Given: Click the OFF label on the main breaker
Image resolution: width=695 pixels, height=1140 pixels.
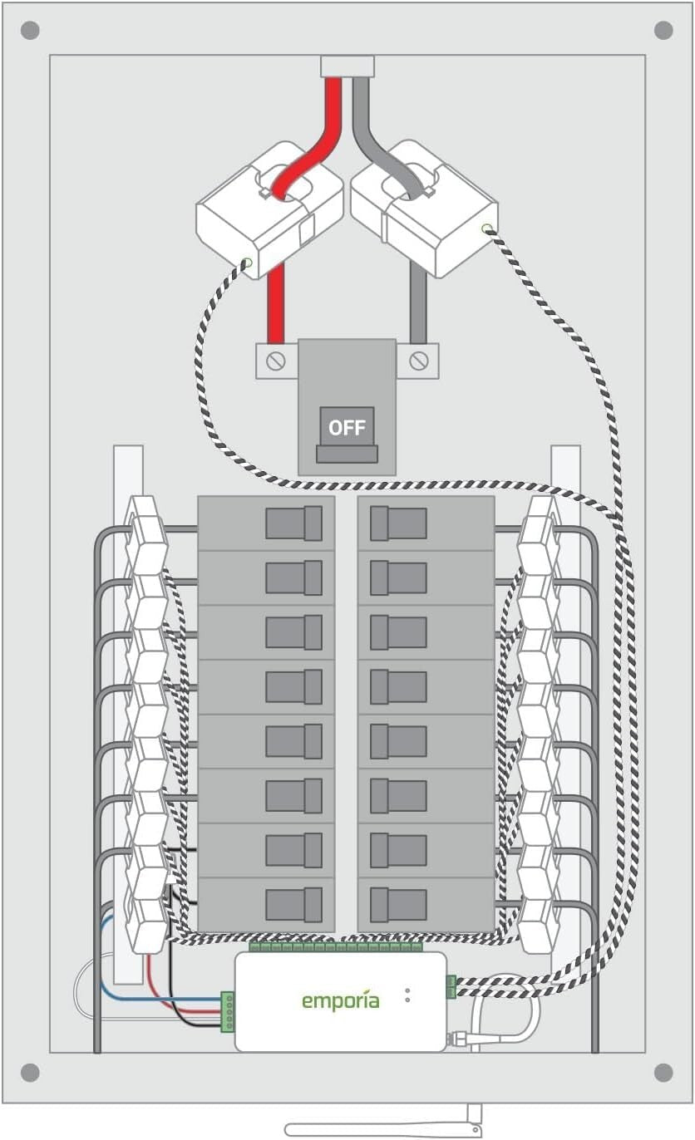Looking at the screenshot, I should click(x=347, y=428).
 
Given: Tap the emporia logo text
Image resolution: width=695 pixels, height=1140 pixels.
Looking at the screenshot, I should click(x=340, y=1000).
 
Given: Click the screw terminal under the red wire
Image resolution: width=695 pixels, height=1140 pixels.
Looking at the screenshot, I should click(x=276, y=361).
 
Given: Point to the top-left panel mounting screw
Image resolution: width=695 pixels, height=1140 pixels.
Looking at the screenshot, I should click(x=30, y=32).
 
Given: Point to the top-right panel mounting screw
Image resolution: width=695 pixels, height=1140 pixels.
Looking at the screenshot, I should click(x=663, y=32).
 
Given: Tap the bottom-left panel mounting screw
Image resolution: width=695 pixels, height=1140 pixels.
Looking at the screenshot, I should click(x=30, y=1072).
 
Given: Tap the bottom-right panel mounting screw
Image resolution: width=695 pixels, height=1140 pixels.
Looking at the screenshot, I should click(x=663, y=1072).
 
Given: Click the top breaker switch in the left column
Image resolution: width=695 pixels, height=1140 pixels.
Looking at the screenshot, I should click(x=293, y=523).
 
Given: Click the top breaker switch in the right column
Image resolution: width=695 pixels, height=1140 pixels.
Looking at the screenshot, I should click(x=398, y=523).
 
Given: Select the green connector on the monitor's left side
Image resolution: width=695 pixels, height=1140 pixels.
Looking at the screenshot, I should click(x=227, y=1012).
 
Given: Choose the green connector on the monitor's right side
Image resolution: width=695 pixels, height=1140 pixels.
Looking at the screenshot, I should click(x=451, y=987).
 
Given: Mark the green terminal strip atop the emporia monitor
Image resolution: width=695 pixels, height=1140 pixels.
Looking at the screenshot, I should click(x=335, y=947).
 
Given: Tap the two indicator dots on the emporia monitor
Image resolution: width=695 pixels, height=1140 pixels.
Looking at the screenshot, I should click(x=407, y=995).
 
